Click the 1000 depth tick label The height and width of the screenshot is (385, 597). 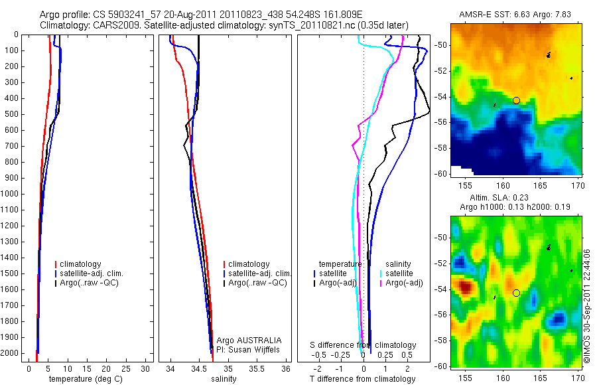pos(10,194)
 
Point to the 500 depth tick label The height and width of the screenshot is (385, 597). pos(12,114)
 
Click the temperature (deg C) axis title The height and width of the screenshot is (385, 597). pos(83,379)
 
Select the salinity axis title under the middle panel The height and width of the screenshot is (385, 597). pos(223,379)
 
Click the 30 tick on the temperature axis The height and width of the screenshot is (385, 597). pos(146,368)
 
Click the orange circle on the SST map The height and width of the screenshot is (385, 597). pos(516,100)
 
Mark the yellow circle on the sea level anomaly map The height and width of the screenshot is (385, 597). pos(516,293)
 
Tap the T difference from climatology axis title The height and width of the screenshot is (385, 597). pos(363,379)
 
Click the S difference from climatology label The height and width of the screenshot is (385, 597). pos(363,345)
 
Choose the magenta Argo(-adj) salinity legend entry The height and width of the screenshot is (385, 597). pos(405,283)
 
